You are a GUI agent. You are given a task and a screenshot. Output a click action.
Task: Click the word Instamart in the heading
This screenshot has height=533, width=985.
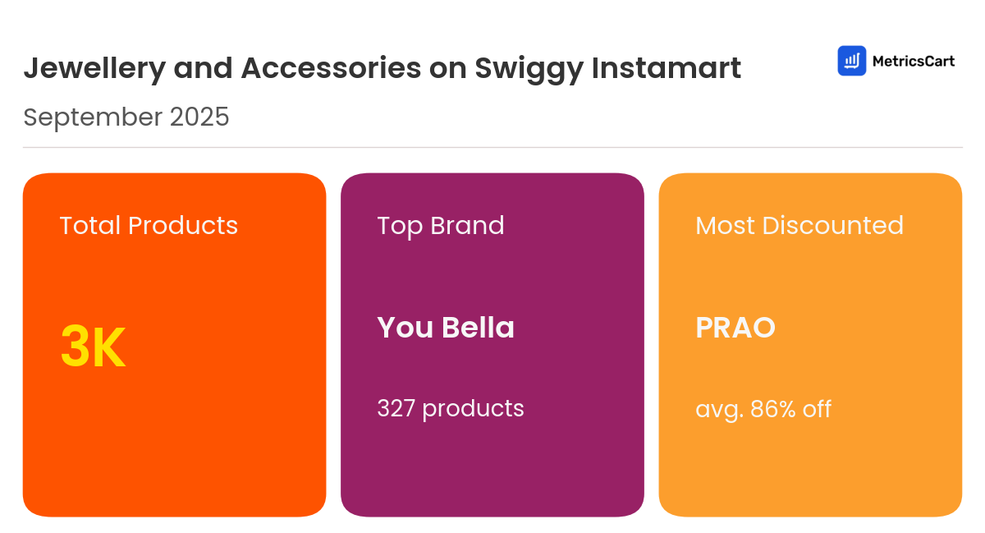[667, 69]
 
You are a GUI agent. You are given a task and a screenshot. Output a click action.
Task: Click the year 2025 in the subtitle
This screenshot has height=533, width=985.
[199, 117]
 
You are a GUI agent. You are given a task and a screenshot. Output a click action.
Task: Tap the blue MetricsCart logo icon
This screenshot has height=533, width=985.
[852, 61]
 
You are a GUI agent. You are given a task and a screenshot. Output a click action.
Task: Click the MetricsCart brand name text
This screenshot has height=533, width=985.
[914, 61]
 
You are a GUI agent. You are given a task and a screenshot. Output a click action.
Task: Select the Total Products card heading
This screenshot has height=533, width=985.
[149, 226]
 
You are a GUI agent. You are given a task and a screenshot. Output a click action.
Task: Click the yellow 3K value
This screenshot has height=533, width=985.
[93, 347]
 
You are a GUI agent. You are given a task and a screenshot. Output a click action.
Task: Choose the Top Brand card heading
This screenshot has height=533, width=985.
[441, 226]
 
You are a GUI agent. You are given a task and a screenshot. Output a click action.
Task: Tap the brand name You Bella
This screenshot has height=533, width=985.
[446, 328]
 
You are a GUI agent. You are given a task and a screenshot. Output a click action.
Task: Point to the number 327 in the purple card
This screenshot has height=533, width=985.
[396, 408]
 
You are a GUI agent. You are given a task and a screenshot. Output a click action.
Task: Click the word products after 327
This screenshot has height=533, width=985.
[473, 409]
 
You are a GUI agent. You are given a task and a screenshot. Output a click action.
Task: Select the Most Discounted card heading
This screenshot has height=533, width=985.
[799, 226]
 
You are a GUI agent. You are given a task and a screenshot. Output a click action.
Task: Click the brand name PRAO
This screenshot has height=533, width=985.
[735, 328]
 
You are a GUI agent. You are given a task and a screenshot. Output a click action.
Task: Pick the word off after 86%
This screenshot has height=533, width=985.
[818, 408]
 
